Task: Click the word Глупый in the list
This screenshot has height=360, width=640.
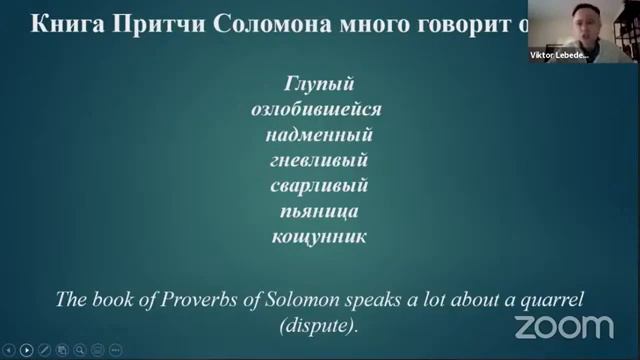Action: click(x=313, y=86)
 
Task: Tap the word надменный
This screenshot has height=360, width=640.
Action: click(x=313, y=135)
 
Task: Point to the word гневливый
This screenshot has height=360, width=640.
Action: click(x=313, y=160)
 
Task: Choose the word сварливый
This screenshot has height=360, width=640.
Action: click(x=313, y=185)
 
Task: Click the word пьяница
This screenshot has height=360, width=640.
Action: click(x=313, y=211)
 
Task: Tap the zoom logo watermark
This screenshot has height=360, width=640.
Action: click(x=563, y=326)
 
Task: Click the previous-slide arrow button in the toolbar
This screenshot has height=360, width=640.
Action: click(x=9, y=350)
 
